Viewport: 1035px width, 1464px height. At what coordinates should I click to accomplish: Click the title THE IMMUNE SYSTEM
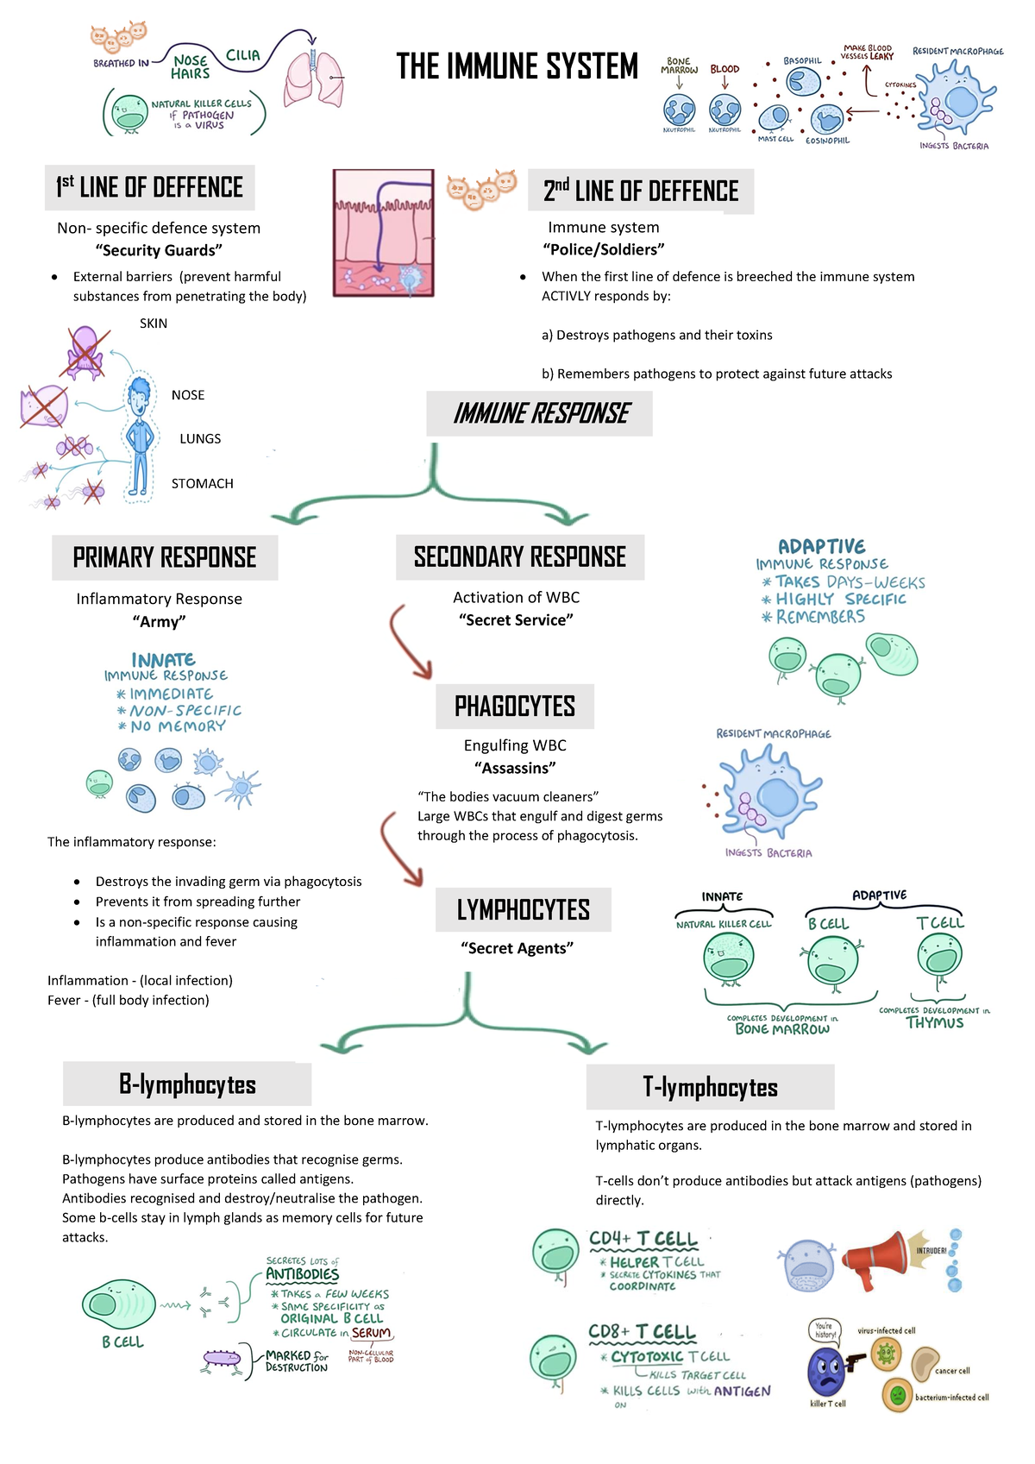[x=517, y=66]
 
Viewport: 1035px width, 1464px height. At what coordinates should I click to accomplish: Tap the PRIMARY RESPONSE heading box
[x=165, y=557]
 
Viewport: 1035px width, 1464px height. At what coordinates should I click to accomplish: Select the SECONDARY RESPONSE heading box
[x=520, y=557]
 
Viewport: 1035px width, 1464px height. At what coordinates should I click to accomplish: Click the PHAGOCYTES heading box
[x=515, y=707]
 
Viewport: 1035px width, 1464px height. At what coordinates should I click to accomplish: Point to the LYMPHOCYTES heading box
[x=524, y=909]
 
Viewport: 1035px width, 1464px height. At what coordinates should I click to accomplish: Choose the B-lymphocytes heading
[x=187, y=1084]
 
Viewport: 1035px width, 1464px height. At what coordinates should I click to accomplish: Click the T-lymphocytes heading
[x=710, y=1087]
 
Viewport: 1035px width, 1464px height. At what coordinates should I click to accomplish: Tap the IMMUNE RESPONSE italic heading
[x=540, y=414]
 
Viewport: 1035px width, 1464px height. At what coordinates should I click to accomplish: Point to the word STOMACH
[x=203, y=484]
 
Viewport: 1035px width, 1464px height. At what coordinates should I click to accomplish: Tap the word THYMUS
[x=934, y=1023]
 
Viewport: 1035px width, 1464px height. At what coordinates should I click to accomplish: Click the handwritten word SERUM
[x=372, y=1333]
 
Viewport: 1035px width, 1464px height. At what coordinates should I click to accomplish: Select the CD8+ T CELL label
[x=642, y=1332]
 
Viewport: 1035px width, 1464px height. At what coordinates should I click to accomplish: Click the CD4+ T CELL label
[x=643, y=1239]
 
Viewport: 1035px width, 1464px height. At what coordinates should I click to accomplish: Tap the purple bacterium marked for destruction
[x=223, y=1360]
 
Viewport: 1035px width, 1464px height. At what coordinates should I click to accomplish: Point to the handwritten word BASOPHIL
[x=802, y=61]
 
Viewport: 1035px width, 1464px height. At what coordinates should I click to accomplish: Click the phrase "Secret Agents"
[x=517, y=948]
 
